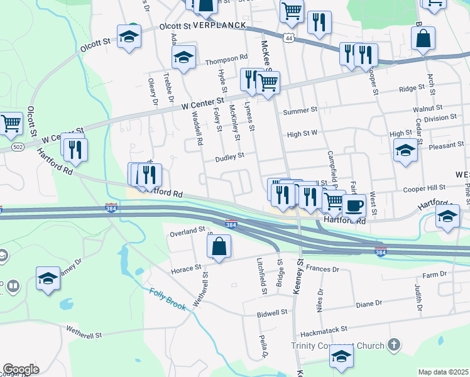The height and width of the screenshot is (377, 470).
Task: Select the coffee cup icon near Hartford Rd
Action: pos(354,205)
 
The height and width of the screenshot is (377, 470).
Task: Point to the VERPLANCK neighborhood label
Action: pos(218,26)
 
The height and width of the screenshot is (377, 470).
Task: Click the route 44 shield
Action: pos(287,38)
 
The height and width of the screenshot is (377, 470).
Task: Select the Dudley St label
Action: pos(230,156)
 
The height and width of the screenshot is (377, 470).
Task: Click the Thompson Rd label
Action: pos(226,58)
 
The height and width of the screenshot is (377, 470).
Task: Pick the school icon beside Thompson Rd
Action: pos(183,57)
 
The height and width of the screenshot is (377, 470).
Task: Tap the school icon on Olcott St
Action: pos(129,36)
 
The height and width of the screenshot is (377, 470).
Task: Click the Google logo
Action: pos(21,369)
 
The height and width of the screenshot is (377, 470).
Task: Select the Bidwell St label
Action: pos(272,312)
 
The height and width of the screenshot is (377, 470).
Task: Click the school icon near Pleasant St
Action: pos(405,150)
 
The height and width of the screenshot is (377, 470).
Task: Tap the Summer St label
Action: pos(300,111)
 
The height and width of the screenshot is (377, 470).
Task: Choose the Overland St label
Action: pos(187,232)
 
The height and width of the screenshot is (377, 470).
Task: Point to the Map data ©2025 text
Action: pos(444,372)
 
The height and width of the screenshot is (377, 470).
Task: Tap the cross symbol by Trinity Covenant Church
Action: pos(394,344)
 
